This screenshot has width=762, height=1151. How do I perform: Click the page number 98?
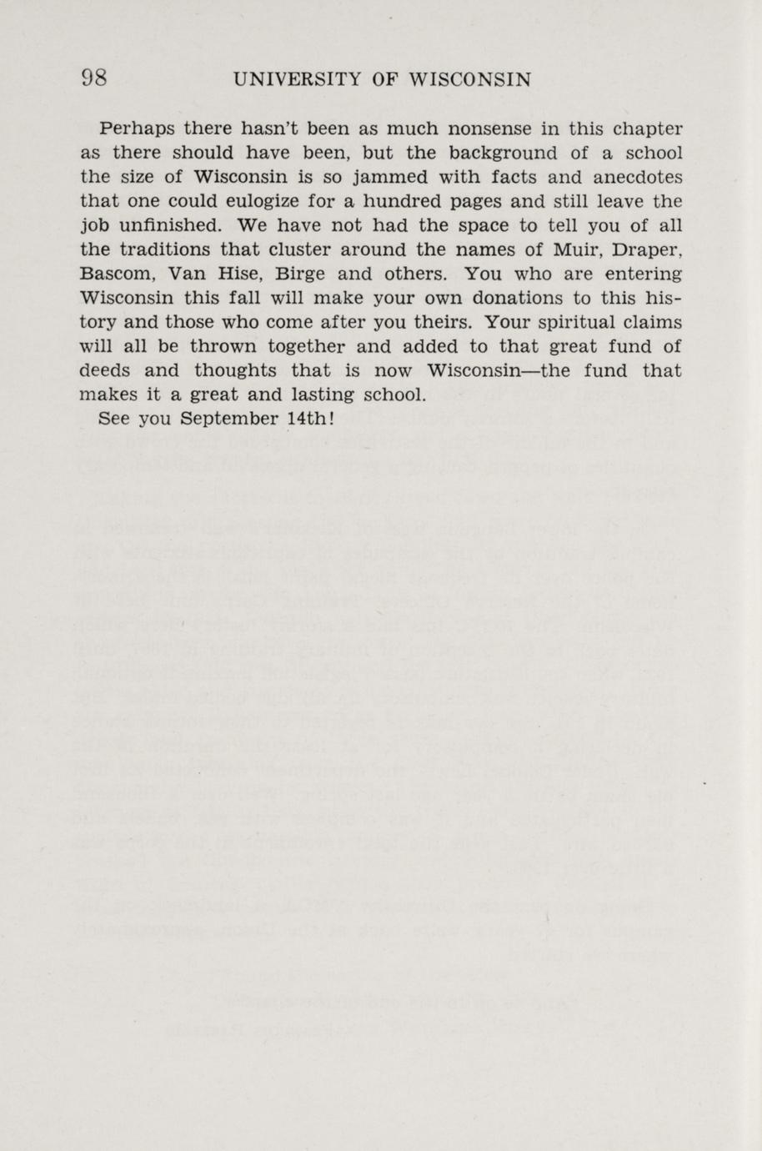click(93, 79)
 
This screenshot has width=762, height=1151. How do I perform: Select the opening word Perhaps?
click(137, 129)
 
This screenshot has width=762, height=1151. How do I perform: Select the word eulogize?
click(249, 202)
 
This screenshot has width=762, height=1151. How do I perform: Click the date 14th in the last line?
click(309, 419)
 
